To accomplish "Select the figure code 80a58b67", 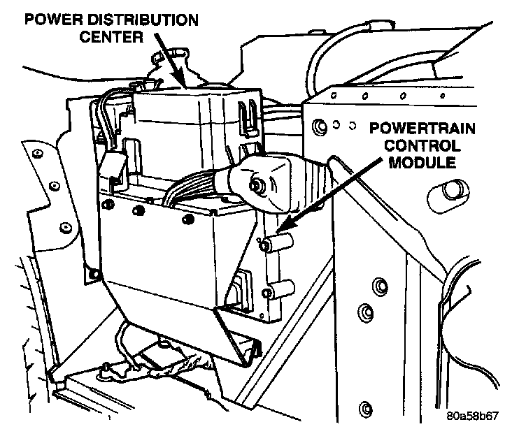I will (x=474, y=415).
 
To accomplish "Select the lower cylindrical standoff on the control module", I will (x=279, y=286).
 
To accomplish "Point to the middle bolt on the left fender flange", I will (x=64, y=228).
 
